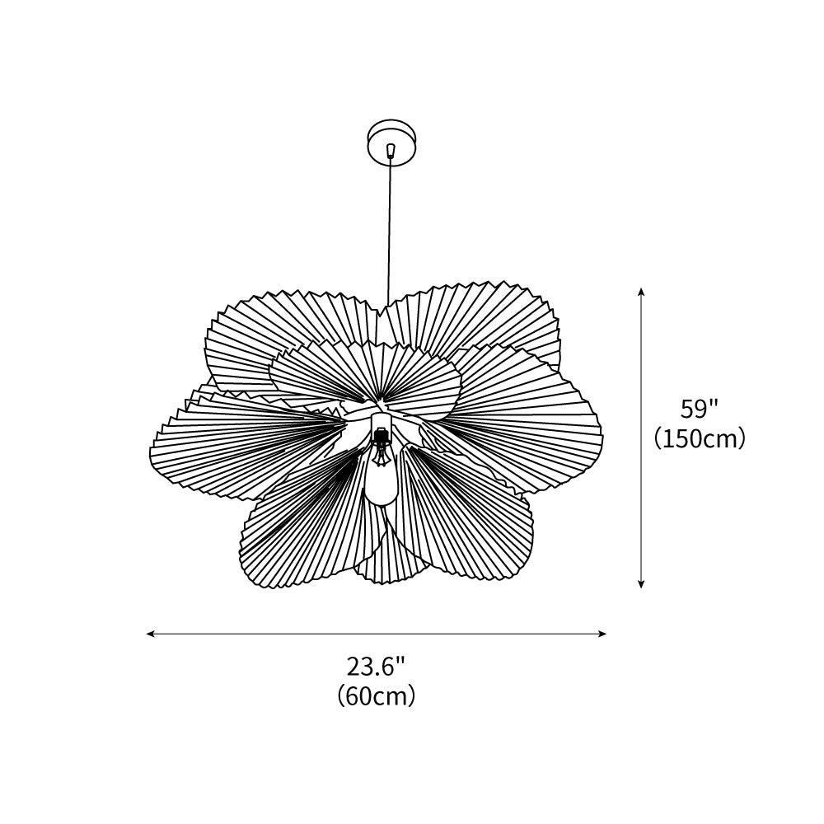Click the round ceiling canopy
tap(392, 142)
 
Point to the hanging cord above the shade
tap(390, 231)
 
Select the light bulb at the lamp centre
tap(381, 482)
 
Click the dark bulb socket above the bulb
tap(381, 446)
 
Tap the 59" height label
tap(700, 409)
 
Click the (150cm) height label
tap(700, 438)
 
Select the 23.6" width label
tap(376, 666)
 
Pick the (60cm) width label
tap(376, 696)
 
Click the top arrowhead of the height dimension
tap(641, 292)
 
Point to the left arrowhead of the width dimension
tap(151, 634)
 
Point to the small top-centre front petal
tap(363, 371)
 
